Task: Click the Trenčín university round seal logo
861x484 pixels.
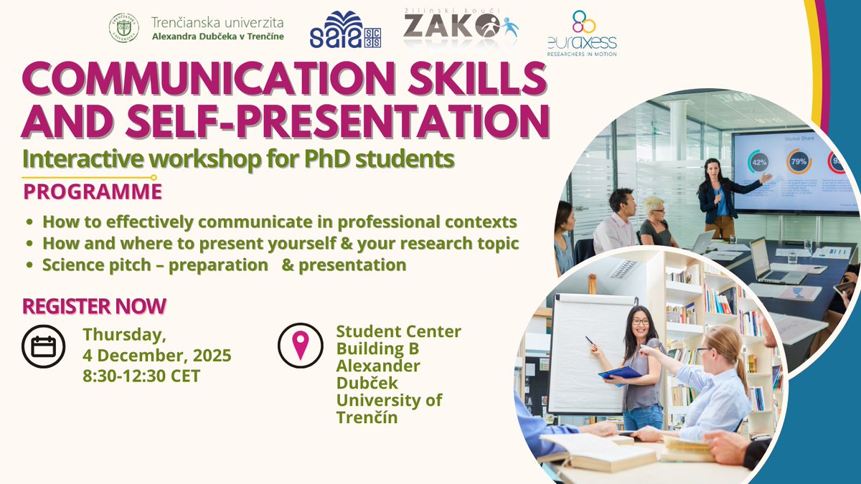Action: point(124,27)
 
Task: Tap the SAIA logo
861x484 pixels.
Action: point(345,30)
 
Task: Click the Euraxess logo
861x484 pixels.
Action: point(581,33)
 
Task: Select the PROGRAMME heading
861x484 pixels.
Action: point(93,192)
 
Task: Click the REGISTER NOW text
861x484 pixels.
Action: point(94,306)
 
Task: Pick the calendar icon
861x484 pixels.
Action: point(44,347)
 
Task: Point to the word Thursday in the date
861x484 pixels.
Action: point(123,333)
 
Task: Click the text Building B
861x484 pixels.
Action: point(377,349)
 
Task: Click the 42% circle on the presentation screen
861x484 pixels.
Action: point(758,162)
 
